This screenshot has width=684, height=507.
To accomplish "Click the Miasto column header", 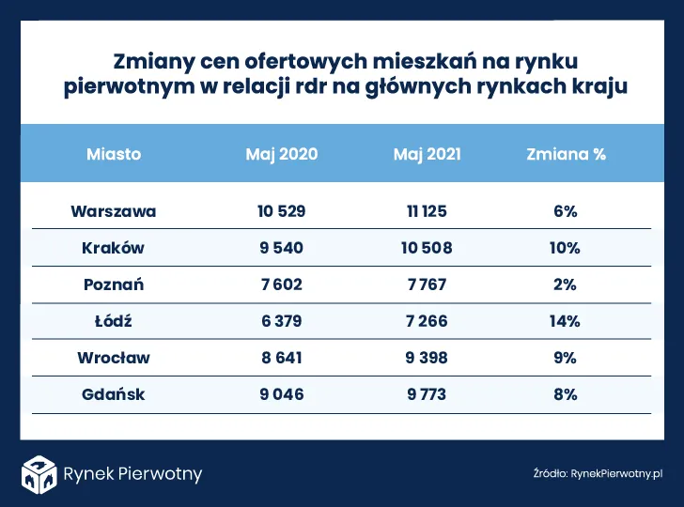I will point(114,154).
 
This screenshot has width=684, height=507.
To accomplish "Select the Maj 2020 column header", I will point(282,154).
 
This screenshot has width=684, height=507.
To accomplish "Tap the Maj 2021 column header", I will point(427,154).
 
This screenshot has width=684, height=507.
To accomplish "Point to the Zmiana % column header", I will point(566,154).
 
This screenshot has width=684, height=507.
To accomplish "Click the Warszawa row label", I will point(114,211).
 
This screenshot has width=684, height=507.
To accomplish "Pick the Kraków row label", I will point(114,248).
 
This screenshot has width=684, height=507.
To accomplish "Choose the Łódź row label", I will point(114,321).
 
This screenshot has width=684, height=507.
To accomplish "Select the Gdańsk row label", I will point(114,394).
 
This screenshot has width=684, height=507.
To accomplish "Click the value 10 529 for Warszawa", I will point(282,211).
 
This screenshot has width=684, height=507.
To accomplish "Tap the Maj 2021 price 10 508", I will point(427,248).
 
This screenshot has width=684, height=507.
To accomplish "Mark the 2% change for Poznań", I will point(566,284).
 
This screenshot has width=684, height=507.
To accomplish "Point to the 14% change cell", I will point(566,321).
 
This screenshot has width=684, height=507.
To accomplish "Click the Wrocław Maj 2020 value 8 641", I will point(282,358).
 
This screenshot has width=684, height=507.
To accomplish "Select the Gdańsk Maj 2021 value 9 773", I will point(427,394).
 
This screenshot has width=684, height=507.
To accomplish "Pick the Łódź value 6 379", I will point(282,321).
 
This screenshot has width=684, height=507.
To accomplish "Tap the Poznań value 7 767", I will point(427,284).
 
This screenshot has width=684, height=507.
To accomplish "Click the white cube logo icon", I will point(41,473).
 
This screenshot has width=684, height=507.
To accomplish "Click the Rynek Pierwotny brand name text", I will point(132,474).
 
